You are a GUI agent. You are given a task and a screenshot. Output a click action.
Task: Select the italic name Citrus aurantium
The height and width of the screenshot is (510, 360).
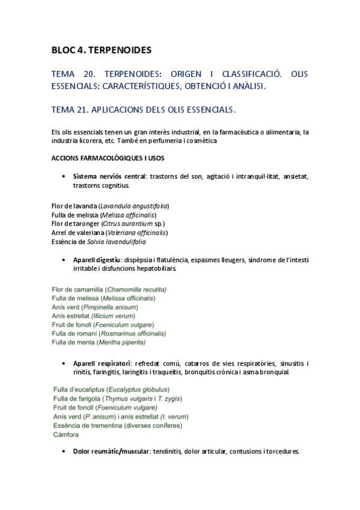pos(126,224)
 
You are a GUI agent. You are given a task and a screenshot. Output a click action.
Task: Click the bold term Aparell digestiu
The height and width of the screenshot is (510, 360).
pos(96,260)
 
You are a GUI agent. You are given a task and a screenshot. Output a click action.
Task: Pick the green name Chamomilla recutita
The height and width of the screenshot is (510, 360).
pos(136,289)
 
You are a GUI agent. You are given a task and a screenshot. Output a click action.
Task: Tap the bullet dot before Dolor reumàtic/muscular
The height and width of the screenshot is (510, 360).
pos(64,451)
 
